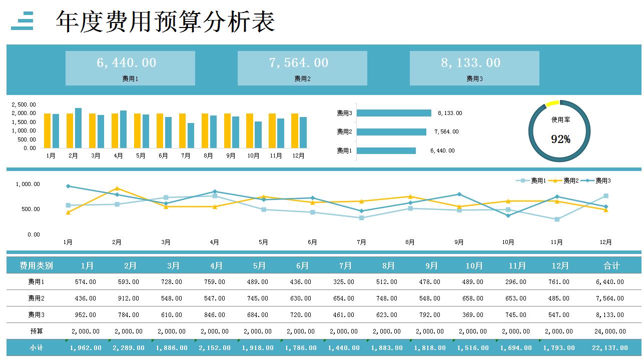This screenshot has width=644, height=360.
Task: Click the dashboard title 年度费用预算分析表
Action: tap(165, 22)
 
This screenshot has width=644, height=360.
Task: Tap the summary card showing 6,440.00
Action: tap(130, 68)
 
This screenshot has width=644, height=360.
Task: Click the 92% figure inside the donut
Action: tap(560, 139)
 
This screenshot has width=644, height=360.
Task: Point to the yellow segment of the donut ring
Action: tap(552, 103)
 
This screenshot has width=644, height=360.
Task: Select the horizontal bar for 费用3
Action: tap(394, 113)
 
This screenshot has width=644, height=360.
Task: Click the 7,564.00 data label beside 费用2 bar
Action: tap(446, 132)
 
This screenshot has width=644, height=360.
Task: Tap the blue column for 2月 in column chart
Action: tap(78, 128)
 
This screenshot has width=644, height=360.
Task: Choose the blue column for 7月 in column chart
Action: tap(191, 135)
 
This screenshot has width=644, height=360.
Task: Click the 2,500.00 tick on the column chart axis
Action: tap(24, 105)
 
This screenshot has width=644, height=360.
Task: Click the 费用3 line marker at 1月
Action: tap(68, 186)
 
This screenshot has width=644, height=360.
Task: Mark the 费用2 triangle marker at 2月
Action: tap(117, 188)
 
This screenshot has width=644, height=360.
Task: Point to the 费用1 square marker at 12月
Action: tap(605, 196)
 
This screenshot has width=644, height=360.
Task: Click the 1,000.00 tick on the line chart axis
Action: tap(28, 184)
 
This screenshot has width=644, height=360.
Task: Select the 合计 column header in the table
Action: tap(611, 265)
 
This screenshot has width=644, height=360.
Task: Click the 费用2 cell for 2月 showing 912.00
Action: tap(129, 298)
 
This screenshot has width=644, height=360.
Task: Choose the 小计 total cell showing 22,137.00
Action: tap(610, 347)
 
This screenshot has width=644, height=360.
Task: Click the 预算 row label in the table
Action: tap(36, 331)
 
